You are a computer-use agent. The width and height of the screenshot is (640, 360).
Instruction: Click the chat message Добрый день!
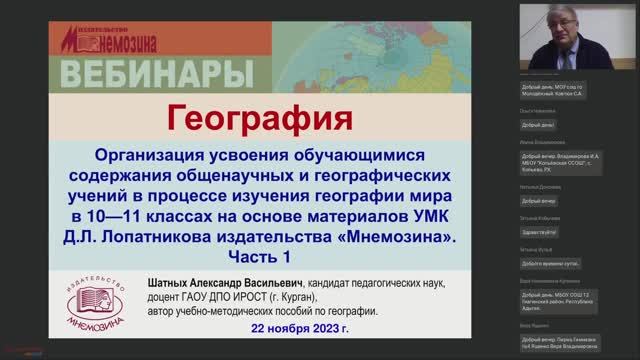pyautogui.click(x=538, y=124)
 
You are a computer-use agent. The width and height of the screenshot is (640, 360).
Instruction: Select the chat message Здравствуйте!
pyautogui.click(x=540, y=203)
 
